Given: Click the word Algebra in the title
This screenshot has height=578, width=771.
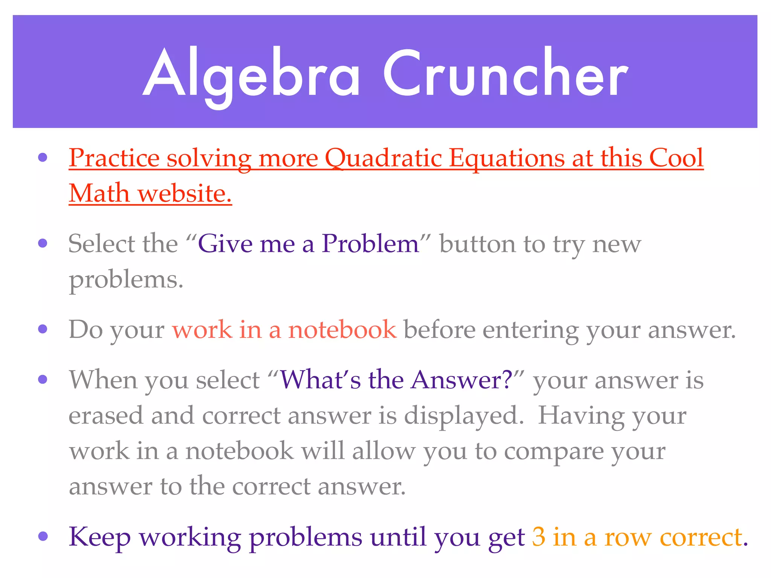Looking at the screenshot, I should [x=251, y=73].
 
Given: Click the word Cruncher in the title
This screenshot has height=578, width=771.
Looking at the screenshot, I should [x=506, y=73].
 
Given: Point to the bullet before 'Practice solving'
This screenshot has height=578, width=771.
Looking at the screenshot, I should [x=43, y=157].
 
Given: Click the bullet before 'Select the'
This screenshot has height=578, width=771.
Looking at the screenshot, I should [x=43, y=243].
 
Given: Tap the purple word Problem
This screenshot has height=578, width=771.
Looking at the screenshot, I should [x=370, y=243].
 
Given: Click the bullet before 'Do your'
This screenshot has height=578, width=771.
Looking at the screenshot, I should [x=43, y=329].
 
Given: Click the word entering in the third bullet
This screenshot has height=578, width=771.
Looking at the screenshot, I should [x=530, y=330].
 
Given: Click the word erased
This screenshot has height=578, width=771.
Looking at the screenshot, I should [x=106, y=415].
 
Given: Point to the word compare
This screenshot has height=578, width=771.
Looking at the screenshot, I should [x=553, y=451].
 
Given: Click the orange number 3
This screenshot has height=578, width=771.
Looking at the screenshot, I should [x=539, y=537].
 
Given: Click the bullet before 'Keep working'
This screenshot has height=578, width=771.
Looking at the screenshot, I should [x=43, y=536].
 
